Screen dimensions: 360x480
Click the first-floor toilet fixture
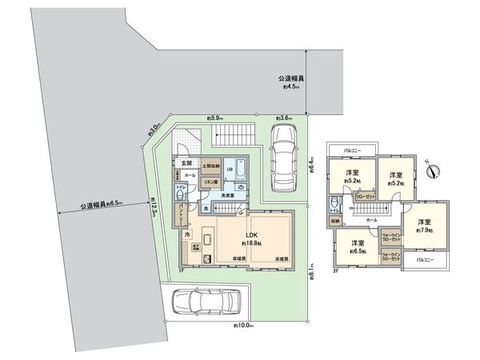pyautogui.click(x=181, y=195)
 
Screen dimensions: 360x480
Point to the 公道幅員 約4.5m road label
pyautogui.click(x=289, y=83)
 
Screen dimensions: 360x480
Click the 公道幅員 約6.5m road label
pyautogui.click(x=101, y=204)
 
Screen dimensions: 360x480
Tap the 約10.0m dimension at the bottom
pyautogui.click(x=243, y=326)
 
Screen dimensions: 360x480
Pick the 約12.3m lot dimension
pyautogui.click(x=153, y=211)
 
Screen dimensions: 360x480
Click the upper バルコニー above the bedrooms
pyautogui.click(x=350, y=150)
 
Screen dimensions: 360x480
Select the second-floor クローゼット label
pyautogui.click(x=366, y=194)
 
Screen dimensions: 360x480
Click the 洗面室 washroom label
pyautogui.click(x=228, y=195)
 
